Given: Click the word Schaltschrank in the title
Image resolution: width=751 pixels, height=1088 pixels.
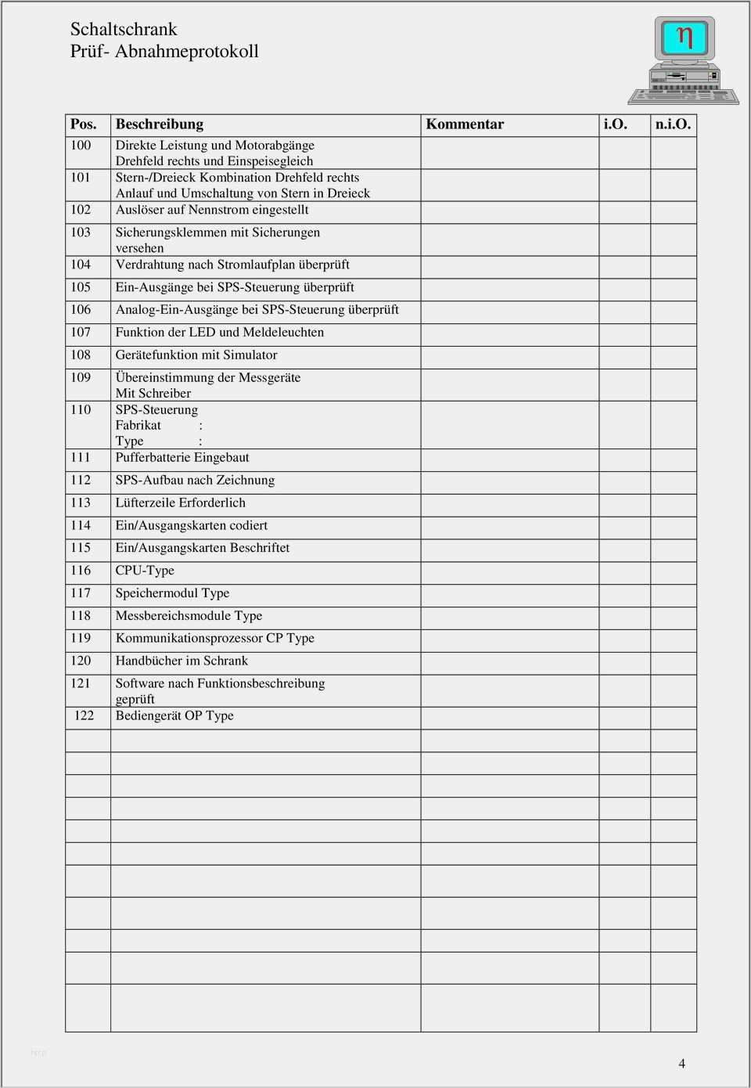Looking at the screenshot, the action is [x=124, y=30].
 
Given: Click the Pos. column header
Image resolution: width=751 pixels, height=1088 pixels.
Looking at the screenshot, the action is [x=84, y=124].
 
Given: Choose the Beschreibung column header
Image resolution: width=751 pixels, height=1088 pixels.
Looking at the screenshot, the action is [x=160, y=124].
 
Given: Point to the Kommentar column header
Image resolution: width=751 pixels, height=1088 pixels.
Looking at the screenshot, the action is [x=465, y=124].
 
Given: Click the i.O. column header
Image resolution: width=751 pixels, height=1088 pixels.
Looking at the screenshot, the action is [x=616, y=124].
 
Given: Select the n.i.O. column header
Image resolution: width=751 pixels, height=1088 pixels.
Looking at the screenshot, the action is [x=673, y=124].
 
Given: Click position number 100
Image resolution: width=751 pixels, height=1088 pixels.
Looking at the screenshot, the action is [x=81, y=146].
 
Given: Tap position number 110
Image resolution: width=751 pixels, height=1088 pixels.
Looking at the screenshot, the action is [x=81, y=410].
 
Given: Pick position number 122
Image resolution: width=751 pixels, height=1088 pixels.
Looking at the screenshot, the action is [x=84, y=716].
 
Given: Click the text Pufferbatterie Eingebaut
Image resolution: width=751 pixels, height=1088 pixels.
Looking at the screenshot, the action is [x=182, y=458].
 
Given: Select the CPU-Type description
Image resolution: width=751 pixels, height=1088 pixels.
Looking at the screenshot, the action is [x=145, y=571].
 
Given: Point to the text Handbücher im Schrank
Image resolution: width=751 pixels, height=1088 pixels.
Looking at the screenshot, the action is [x=181, y=661].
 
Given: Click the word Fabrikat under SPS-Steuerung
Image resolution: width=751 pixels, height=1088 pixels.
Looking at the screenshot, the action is [x=138, y=426].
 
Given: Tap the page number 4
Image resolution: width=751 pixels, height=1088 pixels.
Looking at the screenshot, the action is [x=682, y=1064].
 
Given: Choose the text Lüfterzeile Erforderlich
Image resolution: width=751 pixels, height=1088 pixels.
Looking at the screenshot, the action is [x=181, y=503].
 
